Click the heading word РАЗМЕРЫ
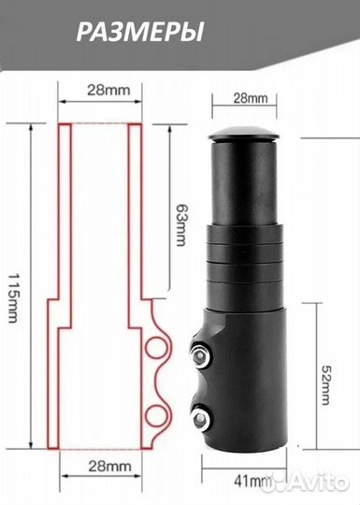[140, 32]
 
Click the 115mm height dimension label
[13, 298]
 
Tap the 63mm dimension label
[181, 224]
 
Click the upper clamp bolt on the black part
[201, 354]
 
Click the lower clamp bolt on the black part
[201, 418]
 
